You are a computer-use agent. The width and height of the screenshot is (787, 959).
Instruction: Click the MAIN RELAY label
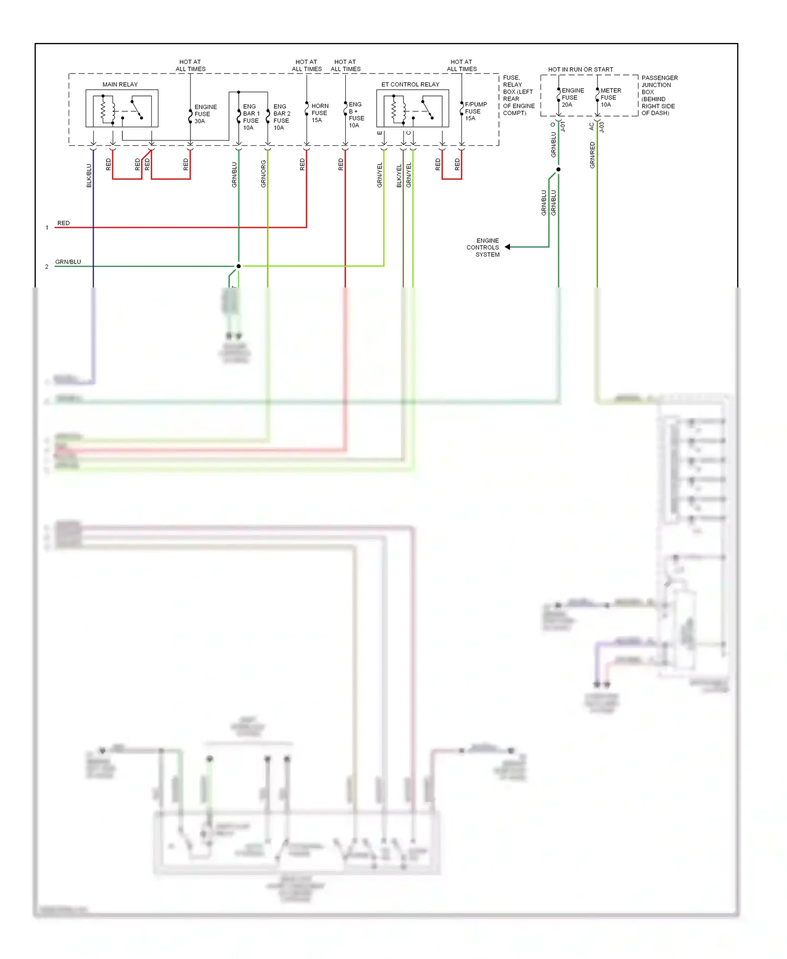click(120, 84)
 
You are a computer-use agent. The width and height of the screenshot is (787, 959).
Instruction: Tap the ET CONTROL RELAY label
click(410, 84)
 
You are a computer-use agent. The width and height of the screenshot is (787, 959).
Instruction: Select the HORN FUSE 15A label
click(320, 113)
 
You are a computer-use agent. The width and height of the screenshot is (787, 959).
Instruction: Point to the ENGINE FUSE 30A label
click(205, 114)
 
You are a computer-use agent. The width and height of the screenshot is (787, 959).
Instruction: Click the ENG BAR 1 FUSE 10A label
click(251, 117)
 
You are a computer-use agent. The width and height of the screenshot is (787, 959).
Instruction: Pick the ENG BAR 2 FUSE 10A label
click(281, 117)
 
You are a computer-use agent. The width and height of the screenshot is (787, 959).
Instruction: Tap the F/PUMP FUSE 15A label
click(475, 111)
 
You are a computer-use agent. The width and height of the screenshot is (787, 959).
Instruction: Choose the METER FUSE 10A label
click(610, 98)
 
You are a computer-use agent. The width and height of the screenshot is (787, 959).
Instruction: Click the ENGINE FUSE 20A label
click(572, 98)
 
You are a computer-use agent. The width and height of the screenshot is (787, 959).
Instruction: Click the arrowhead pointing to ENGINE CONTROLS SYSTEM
click(508, 247)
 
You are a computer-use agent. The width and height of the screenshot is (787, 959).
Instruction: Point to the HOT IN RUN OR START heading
click(580, 69)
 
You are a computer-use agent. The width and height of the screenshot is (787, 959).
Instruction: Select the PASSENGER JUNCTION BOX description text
click(659, 95)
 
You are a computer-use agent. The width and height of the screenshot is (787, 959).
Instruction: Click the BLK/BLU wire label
click(89, 176)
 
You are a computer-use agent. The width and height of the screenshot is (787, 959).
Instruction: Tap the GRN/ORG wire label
click(263, 174)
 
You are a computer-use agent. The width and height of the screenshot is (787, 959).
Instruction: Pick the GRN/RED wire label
click(592, 155)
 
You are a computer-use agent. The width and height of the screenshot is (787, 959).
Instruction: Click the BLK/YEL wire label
click(399, 176)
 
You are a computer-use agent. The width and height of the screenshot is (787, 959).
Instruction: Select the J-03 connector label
click(602, 127)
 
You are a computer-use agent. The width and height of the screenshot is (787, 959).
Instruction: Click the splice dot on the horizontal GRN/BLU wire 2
click(239, 266)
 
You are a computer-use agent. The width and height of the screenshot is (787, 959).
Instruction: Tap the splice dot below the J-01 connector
click(558, 169)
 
